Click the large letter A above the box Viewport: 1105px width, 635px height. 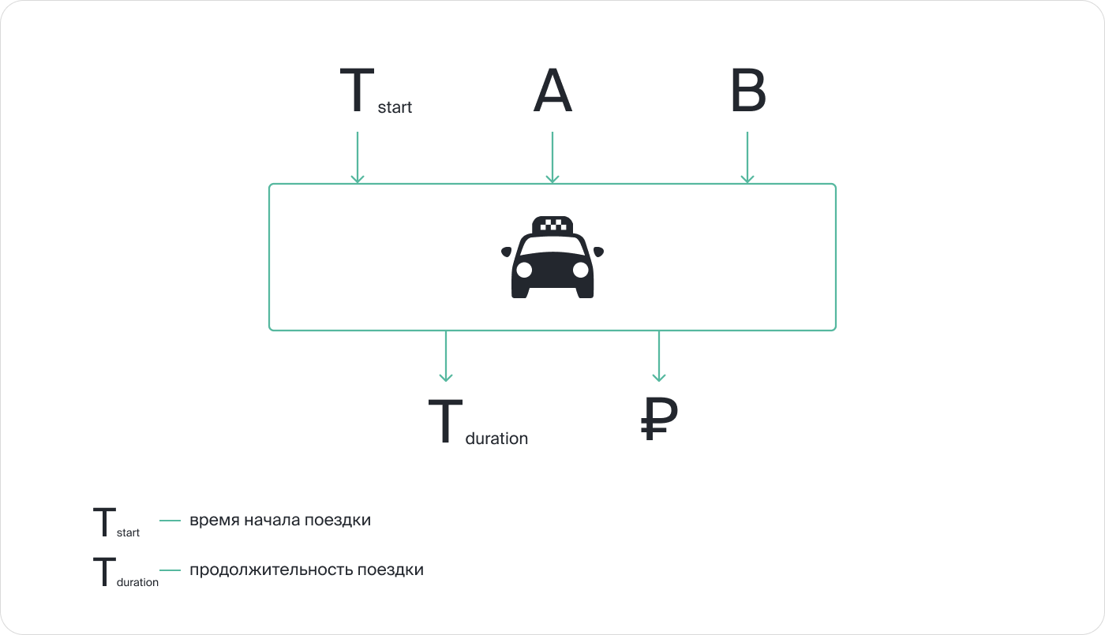pos(552,92)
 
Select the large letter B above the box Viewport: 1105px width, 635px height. pos(747,92)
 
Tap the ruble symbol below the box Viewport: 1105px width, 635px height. pos(658,419)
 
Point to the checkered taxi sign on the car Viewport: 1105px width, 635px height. pos(552,225)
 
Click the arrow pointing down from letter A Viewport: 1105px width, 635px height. pos(552,158)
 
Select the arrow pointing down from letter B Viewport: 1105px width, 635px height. pos(747,158)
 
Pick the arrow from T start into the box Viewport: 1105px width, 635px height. pos(358,158)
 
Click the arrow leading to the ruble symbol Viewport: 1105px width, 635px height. pos(659,357)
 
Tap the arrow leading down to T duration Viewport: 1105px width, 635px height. pos(446,357)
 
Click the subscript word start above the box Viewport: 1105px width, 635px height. pos(395,107)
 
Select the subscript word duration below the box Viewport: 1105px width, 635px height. pos(496,439)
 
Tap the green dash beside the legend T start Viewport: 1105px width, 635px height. pos(170,521)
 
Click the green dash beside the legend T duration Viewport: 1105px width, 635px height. pos(170,570)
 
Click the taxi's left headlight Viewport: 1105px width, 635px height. pos(524,270)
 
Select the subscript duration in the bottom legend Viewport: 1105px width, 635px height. pos(137,583)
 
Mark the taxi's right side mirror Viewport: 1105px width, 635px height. pos(598,252)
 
